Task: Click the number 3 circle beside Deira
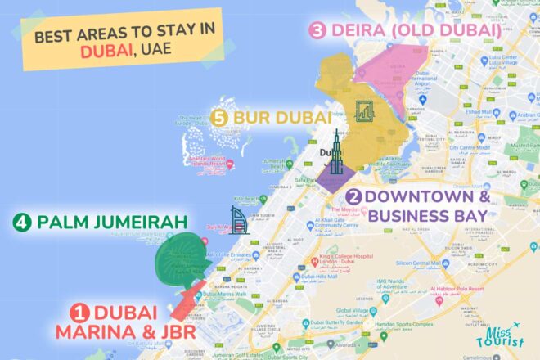[x=317, y=31]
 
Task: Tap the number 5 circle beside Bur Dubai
[x=218, y=117]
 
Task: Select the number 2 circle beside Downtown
[x=353, y=197]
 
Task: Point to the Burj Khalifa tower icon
[x=336, y=160]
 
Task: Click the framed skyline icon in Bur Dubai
[x=364, y=110]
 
